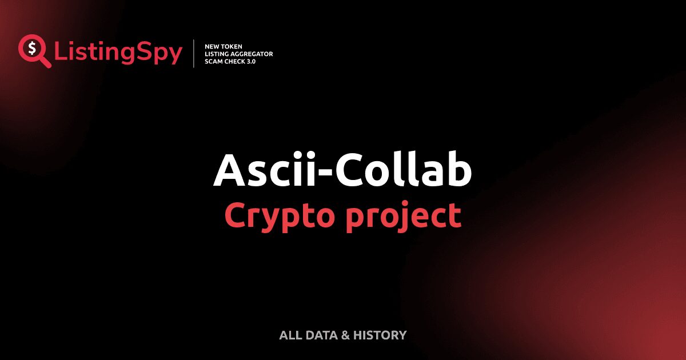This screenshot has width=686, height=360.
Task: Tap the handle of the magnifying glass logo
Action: pos(45,62)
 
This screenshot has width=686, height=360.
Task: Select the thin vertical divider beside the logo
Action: pos(194,54)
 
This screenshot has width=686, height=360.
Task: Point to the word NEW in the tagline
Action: pos(212,46)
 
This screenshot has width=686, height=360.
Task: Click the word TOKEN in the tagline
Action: pos(233,46)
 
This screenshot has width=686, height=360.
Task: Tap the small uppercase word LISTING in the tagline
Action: pos(215,54)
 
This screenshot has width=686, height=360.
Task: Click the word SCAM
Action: pos(213,61)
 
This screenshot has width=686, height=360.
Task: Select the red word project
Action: pos(402,216)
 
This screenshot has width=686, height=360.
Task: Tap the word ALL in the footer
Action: pos(289,335)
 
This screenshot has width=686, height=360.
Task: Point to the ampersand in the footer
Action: pos(345,335)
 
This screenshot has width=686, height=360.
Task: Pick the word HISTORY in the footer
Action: pos(380,335)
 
